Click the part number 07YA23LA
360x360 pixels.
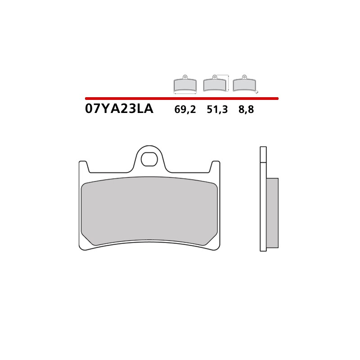119,109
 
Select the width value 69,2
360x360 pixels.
185,109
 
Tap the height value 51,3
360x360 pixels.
217,109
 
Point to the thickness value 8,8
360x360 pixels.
246,109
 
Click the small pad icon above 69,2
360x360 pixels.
185,85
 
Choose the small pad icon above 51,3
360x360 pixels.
215,85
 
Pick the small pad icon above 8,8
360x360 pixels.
244,85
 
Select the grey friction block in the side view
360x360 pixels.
272,212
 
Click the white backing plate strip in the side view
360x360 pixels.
263,207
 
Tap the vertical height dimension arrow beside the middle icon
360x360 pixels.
229,83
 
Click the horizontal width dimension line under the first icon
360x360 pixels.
185,94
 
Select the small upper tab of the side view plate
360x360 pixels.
263,154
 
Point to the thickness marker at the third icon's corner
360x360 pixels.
257,92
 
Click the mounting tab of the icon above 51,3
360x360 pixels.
215,77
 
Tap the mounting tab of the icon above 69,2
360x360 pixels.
185,77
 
